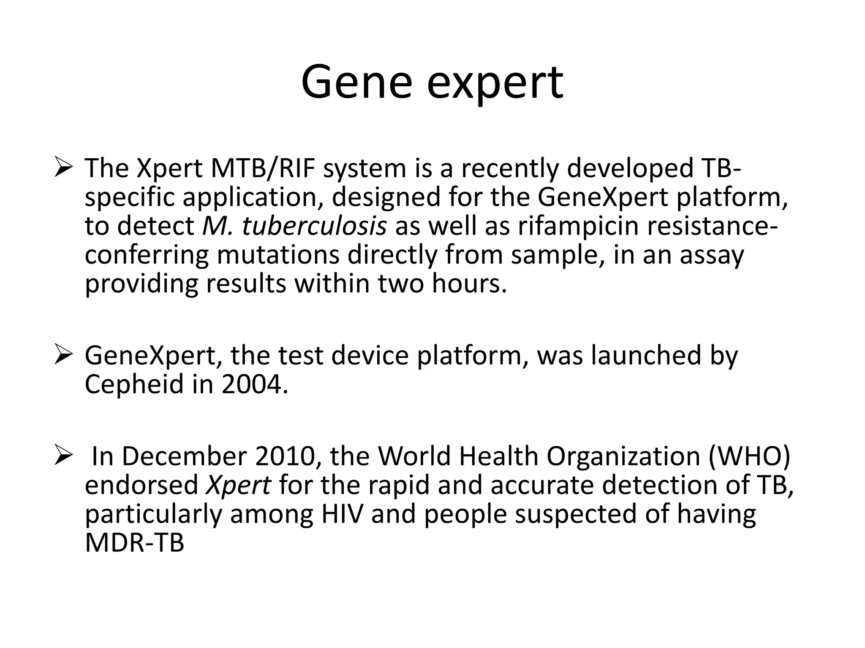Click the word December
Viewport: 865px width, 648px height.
coord(184,456)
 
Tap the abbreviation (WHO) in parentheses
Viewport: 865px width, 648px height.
coord(749,456)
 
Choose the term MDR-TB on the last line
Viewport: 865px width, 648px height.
coord(134,543)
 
